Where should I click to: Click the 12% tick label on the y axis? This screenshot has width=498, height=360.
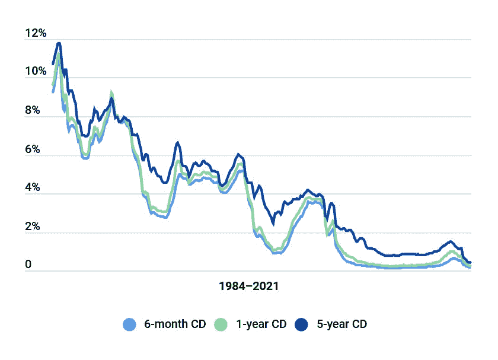tap(36, 33)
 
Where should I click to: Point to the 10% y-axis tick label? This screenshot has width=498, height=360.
tap(36, 72)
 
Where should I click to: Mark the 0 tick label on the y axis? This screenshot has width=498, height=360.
tap(28, 266)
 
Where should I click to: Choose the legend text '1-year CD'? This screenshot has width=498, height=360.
tap(261, 324)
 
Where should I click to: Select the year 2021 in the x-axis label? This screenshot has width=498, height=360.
tap(266, 286)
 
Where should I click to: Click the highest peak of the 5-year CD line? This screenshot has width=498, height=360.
tap(59, 43)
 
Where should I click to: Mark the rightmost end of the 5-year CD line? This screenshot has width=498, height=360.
tap(470, 262)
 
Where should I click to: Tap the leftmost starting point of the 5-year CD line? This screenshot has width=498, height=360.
tap(53, 64)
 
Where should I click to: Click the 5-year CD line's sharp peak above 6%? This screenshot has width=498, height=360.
tap(177, 142)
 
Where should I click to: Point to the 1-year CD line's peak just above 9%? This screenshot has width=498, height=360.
tap(111, 93)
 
